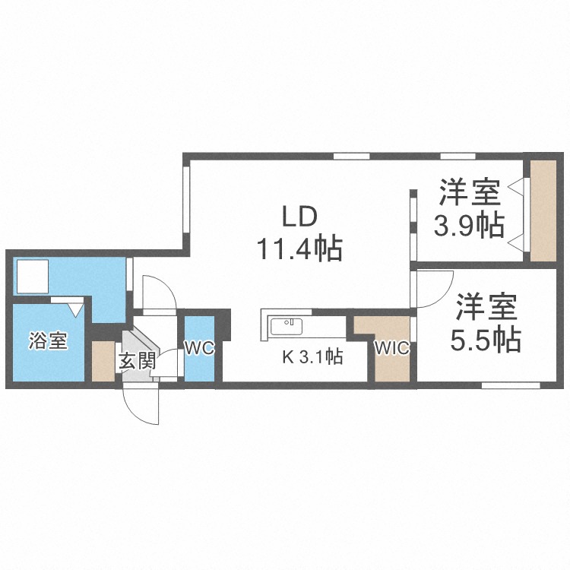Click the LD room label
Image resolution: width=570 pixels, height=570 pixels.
[299, 217]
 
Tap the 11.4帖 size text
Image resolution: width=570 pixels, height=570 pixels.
[299, 248]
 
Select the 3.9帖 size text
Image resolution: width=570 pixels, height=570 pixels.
[469, 225]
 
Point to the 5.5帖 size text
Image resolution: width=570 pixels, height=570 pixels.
[486, 340]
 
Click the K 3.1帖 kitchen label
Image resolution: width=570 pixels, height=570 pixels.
[312, 356]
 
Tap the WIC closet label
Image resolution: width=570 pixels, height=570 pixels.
[392, 349]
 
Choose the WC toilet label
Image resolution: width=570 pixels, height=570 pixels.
[200, 349]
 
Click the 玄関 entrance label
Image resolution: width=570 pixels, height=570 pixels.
[137, 361]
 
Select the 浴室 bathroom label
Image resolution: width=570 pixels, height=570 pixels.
[49, 341]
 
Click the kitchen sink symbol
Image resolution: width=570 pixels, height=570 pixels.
[287, 327]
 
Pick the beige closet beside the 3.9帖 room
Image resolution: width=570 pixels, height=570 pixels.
[543, 210]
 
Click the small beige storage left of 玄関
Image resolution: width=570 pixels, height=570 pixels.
[103, 362]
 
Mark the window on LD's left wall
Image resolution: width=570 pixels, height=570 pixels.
[185, 201]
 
